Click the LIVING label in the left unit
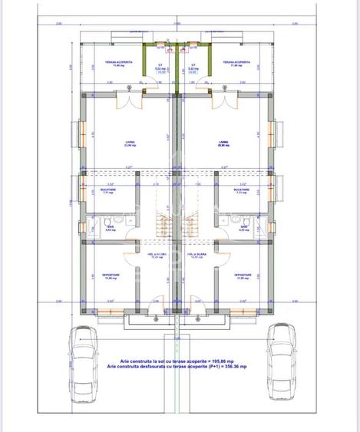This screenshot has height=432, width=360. point(130,142)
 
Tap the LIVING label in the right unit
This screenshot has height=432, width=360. point(223,142)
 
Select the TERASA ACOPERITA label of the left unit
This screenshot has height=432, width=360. point(121,61)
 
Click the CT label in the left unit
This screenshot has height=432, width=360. point(160,65)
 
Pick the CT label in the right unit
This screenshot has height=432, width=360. point(193,65)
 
